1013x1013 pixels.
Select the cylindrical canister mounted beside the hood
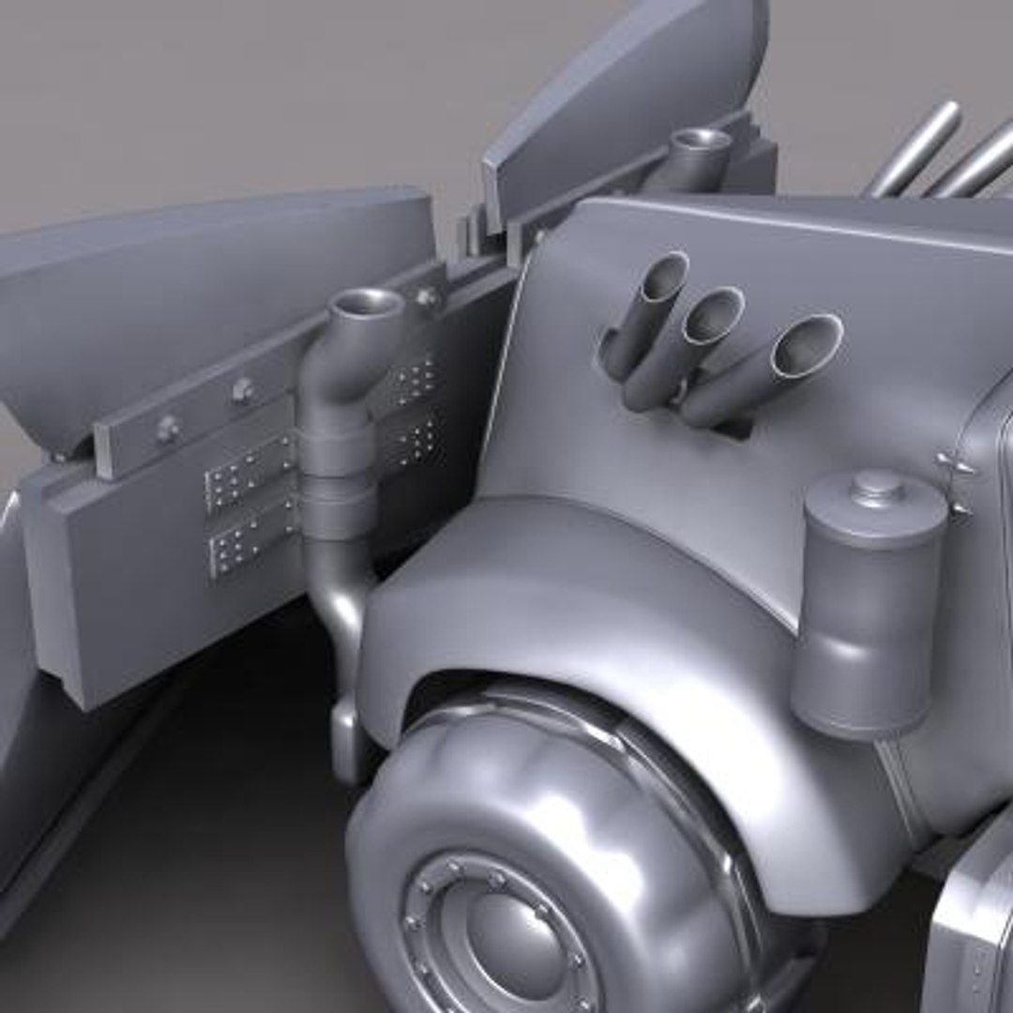point(868,610)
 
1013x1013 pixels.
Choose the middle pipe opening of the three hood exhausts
point(712,316)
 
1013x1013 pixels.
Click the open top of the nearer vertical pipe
point(366,304)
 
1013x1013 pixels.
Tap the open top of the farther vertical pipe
point(700,141)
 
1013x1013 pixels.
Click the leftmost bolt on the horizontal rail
point(168,429)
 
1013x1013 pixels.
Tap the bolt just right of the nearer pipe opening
point(427,297)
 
